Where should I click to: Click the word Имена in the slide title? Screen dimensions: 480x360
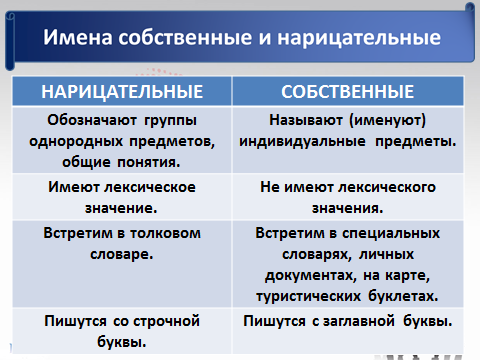pos(78,37)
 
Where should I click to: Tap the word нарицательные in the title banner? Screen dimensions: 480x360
pos(359,37)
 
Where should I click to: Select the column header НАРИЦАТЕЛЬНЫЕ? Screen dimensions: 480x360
pos(122,92)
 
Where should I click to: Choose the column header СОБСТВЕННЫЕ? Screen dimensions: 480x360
pos(347,92)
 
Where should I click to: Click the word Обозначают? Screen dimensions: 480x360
pos(92,120)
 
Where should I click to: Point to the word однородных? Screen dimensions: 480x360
pos(76,142)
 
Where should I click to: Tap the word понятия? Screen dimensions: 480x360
pos(149,163)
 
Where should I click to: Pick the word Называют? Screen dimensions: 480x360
pos(306,120)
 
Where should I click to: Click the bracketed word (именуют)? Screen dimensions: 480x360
pos(387,120)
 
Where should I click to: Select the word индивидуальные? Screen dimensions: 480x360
pos(302,142)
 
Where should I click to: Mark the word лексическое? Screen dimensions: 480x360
pos(150,187)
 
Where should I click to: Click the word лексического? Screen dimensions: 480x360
pos(387,187)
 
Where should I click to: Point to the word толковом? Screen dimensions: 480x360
pos(166,233)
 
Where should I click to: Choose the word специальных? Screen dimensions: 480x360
pos(390,233)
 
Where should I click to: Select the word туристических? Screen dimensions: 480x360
pos(308,297)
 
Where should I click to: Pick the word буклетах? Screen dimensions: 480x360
pos(403,296)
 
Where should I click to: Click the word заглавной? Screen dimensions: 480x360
pos(359,321)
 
